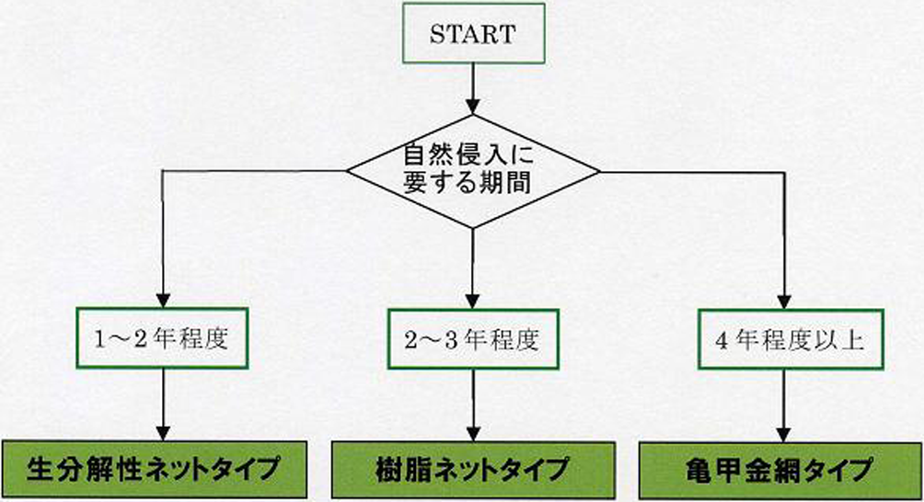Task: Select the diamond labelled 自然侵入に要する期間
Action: coord(472,170)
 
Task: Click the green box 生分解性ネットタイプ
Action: coord(153,470)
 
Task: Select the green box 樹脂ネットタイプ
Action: coord(473,470)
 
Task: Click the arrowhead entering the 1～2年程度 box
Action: coord(163,300)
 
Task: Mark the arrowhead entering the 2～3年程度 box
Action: coord(473,300)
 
